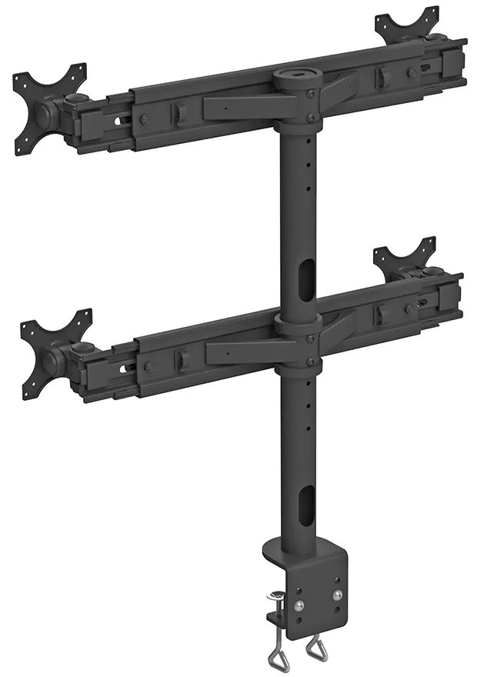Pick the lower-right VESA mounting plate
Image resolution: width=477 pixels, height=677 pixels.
click(405, 262)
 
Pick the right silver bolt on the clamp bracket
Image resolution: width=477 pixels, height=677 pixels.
click(336, 593)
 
